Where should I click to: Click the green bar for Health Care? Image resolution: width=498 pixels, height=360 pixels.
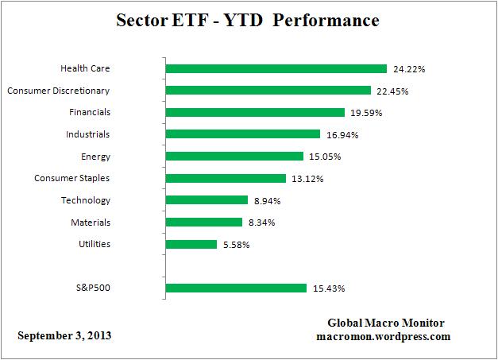point(276,69)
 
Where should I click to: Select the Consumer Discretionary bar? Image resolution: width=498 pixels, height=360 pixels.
point(268,91)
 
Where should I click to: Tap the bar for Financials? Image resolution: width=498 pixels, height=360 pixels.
point(255,113)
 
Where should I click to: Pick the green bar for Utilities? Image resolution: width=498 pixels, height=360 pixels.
point(191,244)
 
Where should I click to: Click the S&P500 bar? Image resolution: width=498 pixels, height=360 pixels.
point(236,288)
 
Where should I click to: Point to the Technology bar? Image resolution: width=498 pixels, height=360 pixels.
point(207,200)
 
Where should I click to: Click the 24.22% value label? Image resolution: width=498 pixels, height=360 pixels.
point(408,69)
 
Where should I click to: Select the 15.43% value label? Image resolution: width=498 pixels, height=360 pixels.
point(328,288)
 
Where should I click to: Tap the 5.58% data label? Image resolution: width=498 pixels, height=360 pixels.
point(236,245)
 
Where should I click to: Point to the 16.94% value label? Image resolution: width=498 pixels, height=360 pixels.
point(342,135)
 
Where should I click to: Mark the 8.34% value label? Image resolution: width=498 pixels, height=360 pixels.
point(261,223)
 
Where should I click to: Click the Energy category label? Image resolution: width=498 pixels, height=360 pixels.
point(95,157)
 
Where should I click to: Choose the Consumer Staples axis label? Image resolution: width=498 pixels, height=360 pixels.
point(72,178)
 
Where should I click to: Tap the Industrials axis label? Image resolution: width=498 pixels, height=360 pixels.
point(88,134)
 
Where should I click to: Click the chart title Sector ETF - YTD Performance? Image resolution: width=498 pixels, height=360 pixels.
point(249,19)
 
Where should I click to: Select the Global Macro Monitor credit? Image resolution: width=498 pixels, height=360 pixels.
point(386,323)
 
